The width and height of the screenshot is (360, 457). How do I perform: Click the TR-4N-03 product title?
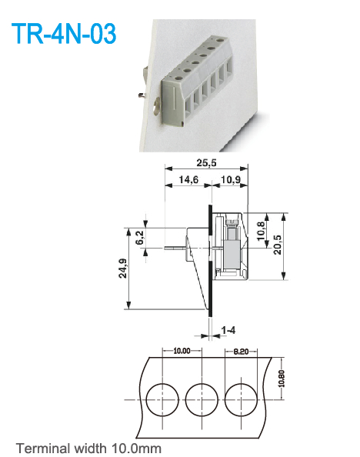pyautogui.click(x=64, y=35)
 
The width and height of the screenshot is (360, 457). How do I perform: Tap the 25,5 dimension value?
pyautogui.click(x=204, y=163)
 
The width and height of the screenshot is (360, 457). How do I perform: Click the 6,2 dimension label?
pyautogui.click(x=140, y=239)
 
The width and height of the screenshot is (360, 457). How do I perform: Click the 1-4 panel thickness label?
pyautogui.click(x=228, y=329)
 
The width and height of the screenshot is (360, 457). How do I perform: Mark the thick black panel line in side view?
pyautogui.click(x=211, y=262)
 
